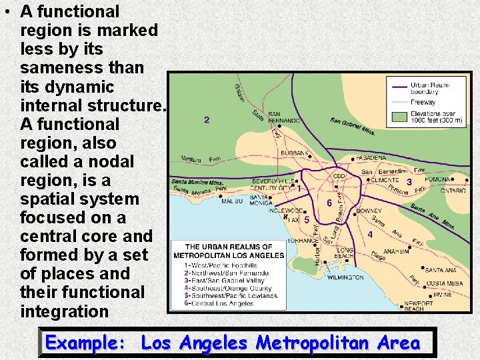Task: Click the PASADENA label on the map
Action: (372, 158)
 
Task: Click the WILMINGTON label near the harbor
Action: (345, 277)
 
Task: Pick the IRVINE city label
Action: (443, 294)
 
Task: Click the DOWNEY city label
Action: (369, 211)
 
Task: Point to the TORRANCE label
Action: (303, 241)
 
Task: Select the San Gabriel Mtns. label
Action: (353, 125)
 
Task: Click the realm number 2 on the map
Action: (207, 120)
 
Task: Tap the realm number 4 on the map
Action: (370, 234)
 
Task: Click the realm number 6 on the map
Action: (329, 203)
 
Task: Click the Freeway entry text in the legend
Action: (423, 102)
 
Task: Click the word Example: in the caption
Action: (86, 343)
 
